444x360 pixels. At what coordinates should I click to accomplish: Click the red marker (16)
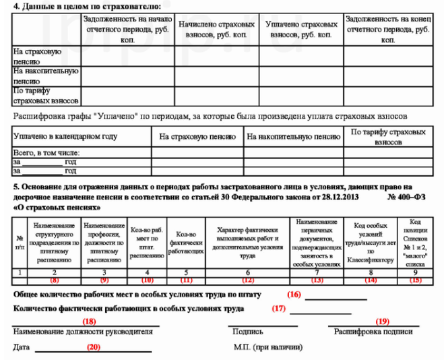tap(294, 295)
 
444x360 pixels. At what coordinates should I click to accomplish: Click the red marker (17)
tap(279, 309)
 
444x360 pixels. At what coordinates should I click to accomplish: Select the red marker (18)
tap(88, 322)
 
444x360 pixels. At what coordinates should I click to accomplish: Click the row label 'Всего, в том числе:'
tap(42, 153)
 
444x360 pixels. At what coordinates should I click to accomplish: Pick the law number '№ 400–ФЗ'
tap(414, 196)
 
